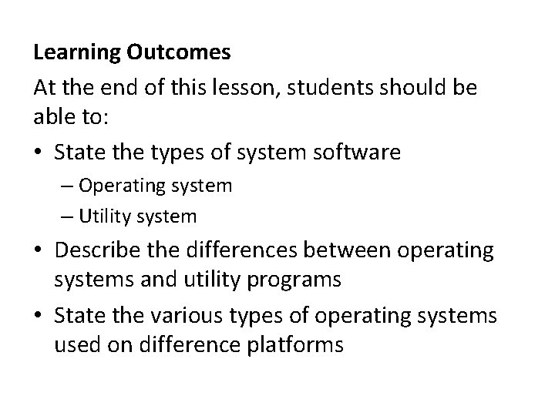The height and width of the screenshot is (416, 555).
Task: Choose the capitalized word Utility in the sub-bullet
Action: pyautogui.click(x=104, y=216)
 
